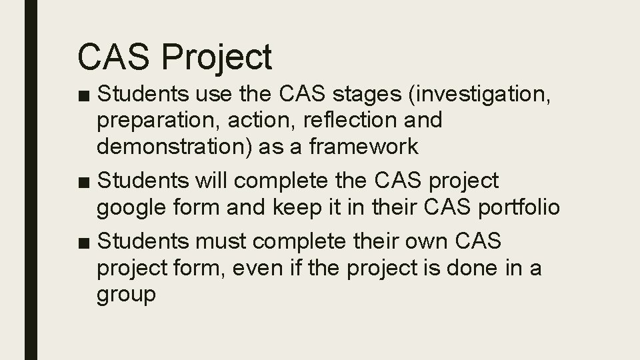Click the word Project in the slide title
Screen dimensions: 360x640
217,57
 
